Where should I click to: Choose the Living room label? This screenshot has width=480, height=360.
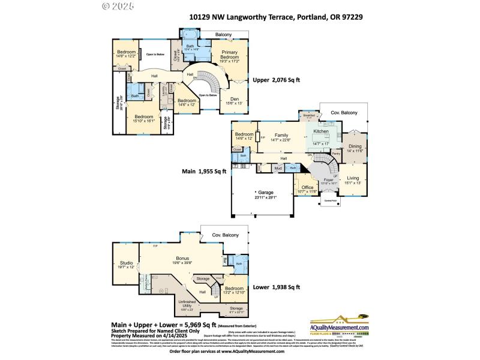[x=353, y=179]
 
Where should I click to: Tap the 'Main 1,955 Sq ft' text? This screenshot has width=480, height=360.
[x=204, y=171]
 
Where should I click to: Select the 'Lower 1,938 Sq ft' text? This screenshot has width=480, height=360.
[x=275, y=287]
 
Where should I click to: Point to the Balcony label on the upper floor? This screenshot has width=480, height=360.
[x=224, y=35]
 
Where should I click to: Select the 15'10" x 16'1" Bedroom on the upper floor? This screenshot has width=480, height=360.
[x=143, y=118]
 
